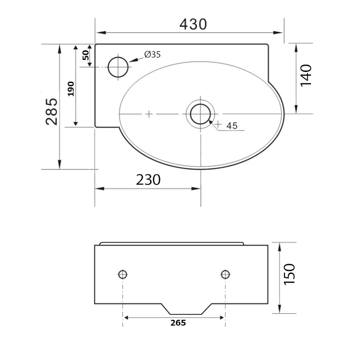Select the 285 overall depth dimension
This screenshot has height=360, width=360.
pos(51,111)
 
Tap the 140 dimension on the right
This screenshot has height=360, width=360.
pos(306,76)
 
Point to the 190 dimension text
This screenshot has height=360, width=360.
pos(70,89)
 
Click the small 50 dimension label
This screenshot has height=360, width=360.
pos(85,56)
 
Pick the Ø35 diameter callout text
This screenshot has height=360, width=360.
pos(153,54)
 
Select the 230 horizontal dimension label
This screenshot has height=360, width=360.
pos(148,180)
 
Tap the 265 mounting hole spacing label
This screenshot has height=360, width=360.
pos(178,323)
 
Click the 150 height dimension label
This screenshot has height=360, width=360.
pos(289,273)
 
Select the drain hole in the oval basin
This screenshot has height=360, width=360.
pos(200,114)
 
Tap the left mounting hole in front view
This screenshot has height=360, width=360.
pos(123,274)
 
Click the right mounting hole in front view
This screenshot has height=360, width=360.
pos(225,274)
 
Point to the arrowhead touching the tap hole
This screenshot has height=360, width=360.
pos(132,61)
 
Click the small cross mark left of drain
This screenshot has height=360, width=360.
pos(149,114)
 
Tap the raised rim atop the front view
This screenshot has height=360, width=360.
pos(171,243)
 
